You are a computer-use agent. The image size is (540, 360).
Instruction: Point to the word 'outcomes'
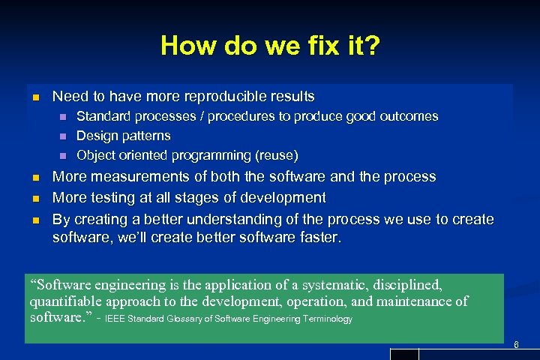[x=409, y=116]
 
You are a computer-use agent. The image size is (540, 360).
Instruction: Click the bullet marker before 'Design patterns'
[x=63, y=136]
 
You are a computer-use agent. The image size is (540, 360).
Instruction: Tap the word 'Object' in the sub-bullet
[x=96, y=155]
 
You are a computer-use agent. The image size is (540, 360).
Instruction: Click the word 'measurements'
[x=129, y=176]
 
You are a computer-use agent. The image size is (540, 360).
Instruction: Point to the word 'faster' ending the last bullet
[x=318, y=238]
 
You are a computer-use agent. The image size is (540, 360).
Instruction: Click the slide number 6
[x=515, y=344]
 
